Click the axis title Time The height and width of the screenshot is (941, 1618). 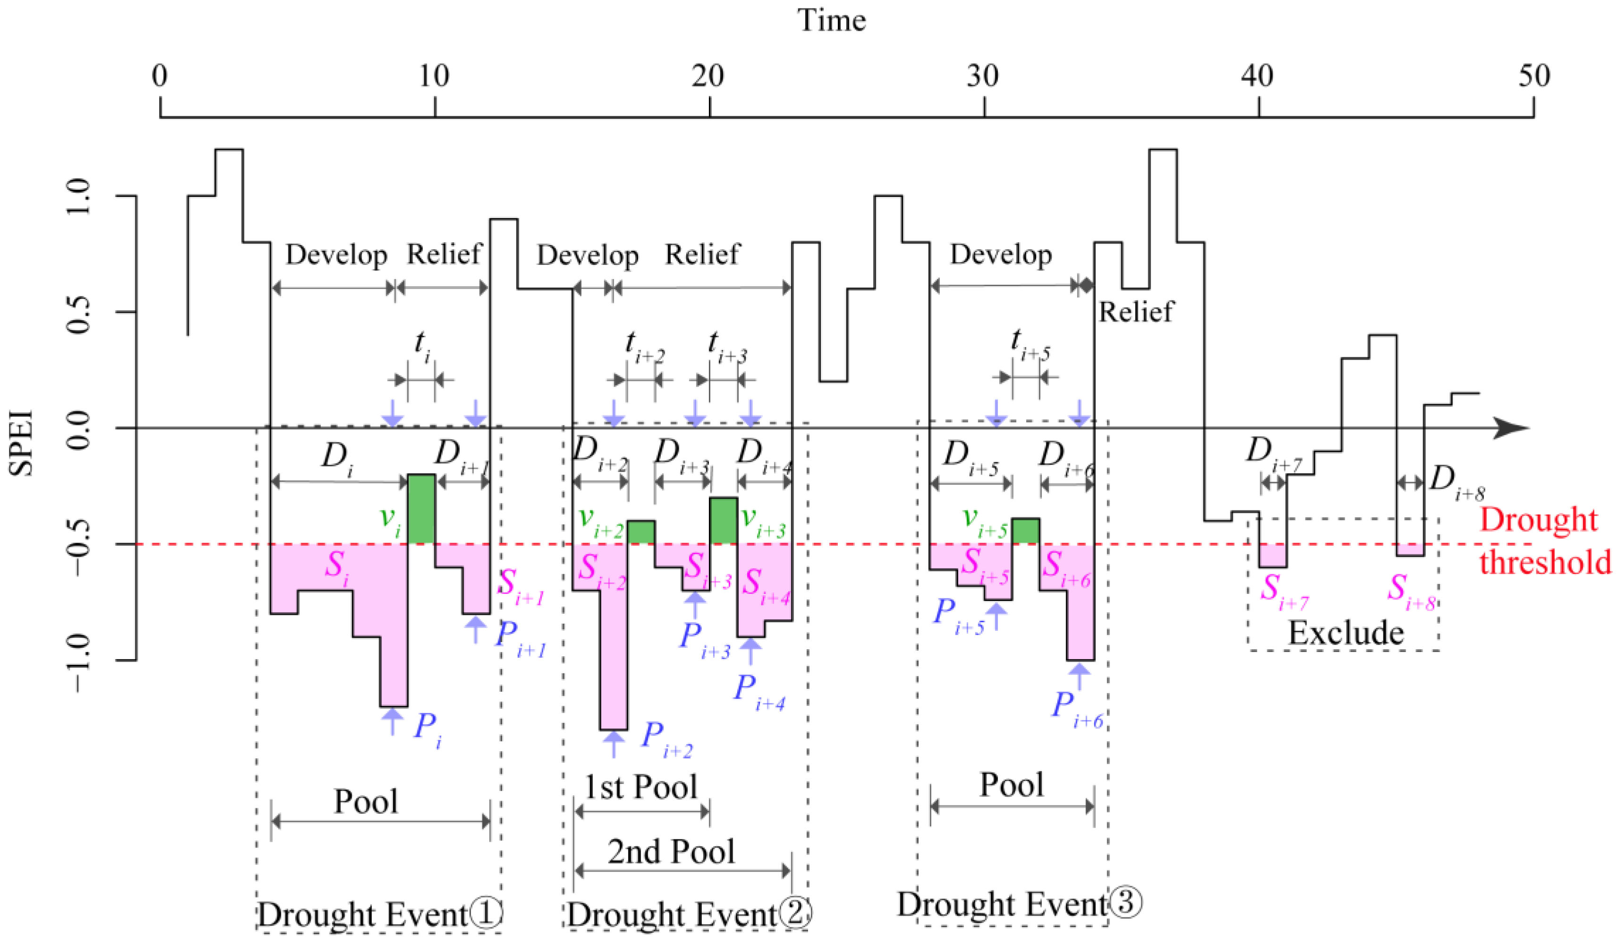(x=832, y=21)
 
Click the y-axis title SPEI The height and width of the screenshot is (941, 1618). (x=21, y=443)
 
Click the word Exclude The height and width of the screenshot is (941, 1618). (x=1346, y=633)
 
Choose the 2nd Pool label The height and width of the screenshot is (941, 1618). (x=671, y=852)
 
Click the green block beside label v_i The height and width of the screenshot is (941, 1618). (x=421, y=509)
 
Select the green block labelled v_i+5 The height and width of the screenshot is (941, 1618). (x=1025, y=531)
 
